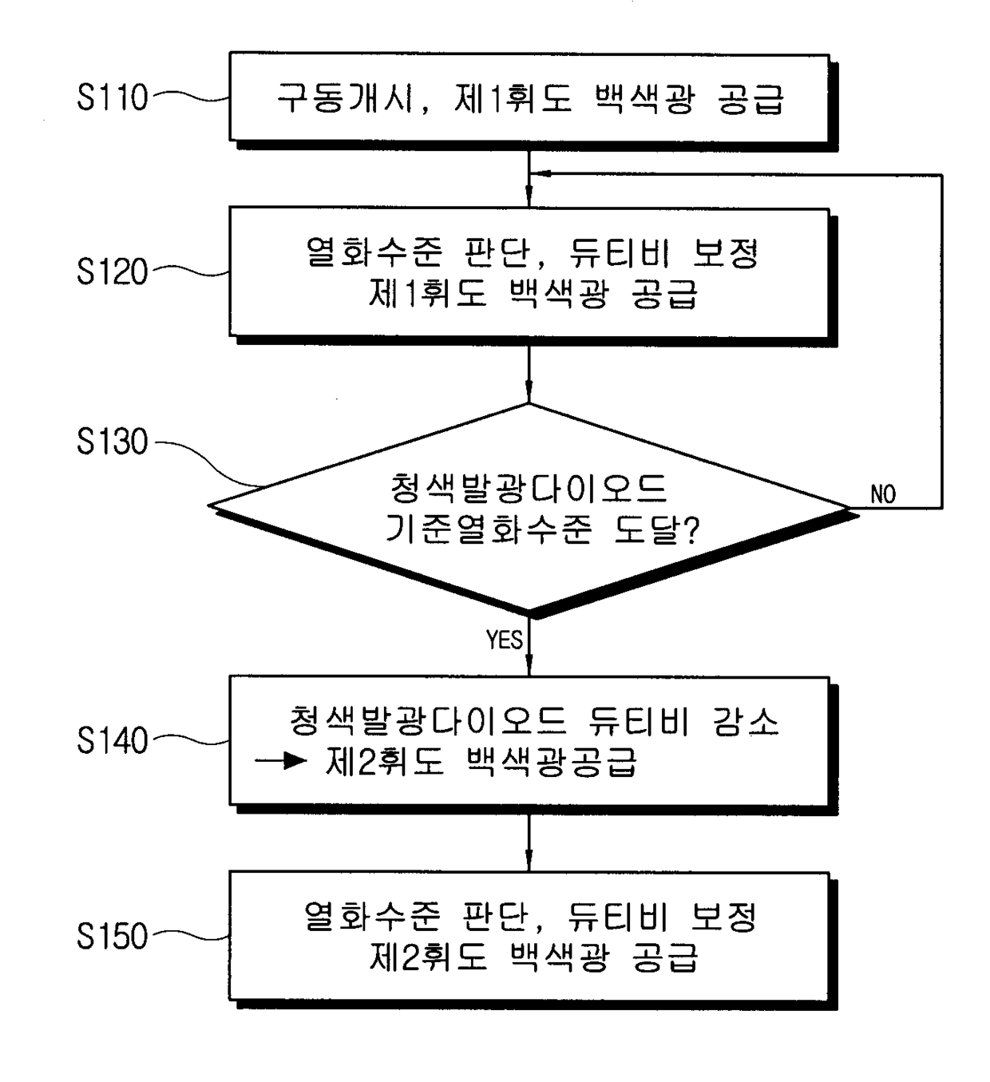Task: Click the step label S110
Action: [x=113, y=97]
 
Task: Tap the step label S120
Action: [x=113, y=271]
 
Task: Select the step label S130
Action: [x=113, y=442]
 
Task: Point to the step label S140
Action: [x=113, y=740]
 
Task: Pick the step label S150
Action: [x=113, y=936]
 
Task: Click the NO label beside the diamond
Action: [x=883, y=494]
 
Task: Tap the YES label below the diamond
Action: [x=505, y=640]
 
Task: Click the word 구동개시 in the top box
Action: [x=345, y=98]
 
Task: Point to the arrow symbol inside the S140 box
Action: [x=280, y=761]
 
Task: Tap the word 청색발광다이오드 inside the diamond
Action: [x=529, y=488]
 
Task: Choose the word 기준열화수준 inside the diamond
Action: [x=489, y=529]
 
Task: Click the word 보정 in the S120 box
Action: [x=726, y=252]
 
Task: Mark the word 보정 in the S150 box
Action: [x=723, y=917]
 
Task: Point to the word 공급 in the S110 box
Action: [x=751, y=99]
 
